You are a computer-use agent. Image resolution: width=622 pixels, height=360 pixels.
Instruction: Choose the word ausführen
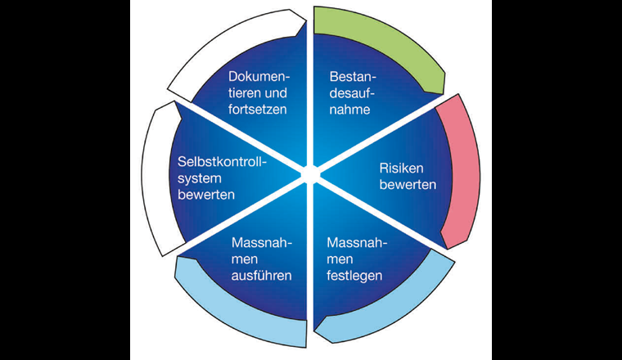(262, 275)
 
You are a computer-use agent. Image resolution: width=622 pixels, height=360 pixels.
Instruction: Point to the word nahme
(350, 110)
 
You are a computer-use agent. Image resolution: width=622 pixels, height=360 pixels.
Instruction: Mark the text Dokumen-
(258, 76)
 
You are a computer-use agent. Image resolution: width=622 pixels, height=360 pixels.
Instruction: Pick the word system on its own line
(198, 179)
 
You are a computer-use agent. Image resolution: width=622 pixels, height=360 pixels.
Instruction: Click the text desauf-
(353, 92)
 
